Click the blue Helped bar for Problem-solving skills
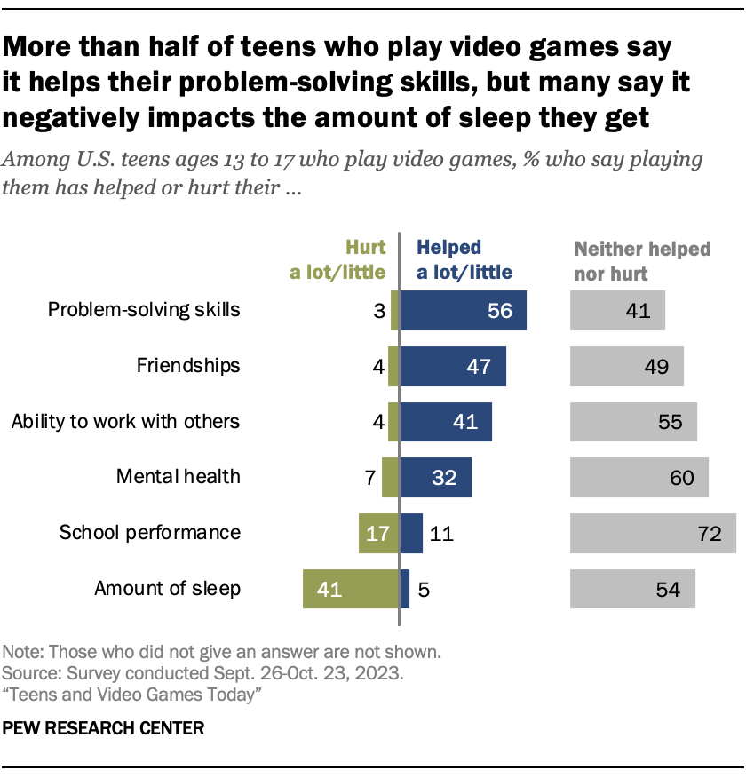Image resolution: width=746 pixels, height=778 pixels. point(463,311)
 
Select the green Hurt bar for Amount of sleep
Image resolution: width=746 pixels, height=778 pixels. point(350,588)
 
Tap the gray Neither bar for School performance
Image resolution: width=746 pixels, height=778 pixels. point(653,533)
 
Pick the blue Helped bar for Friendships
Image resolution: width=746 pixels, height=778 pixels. point(453,366)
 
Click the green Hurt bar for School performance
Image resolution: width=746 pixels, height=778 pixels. point(378,533)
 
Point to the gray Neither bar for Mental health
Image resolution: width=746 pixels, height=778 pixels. point(639,477)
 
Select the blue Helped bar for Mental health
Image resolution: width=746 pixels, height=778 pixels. point(435,477)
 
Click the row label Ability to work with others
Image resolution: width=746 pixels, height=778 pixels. point(125,421)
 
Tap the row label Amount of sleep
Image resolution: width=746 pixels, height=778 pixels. point(167,588)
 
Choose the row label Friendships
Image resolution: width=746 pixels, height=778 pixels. point(188,365)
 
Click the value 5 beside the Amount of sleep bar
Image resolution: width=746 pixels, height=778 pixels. point(424,589)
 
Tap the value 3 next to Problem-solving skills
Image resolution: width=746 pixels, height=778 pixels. point(377,312)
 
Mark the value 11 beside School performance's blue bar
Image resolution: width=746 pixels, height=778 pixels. point(441,534)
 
